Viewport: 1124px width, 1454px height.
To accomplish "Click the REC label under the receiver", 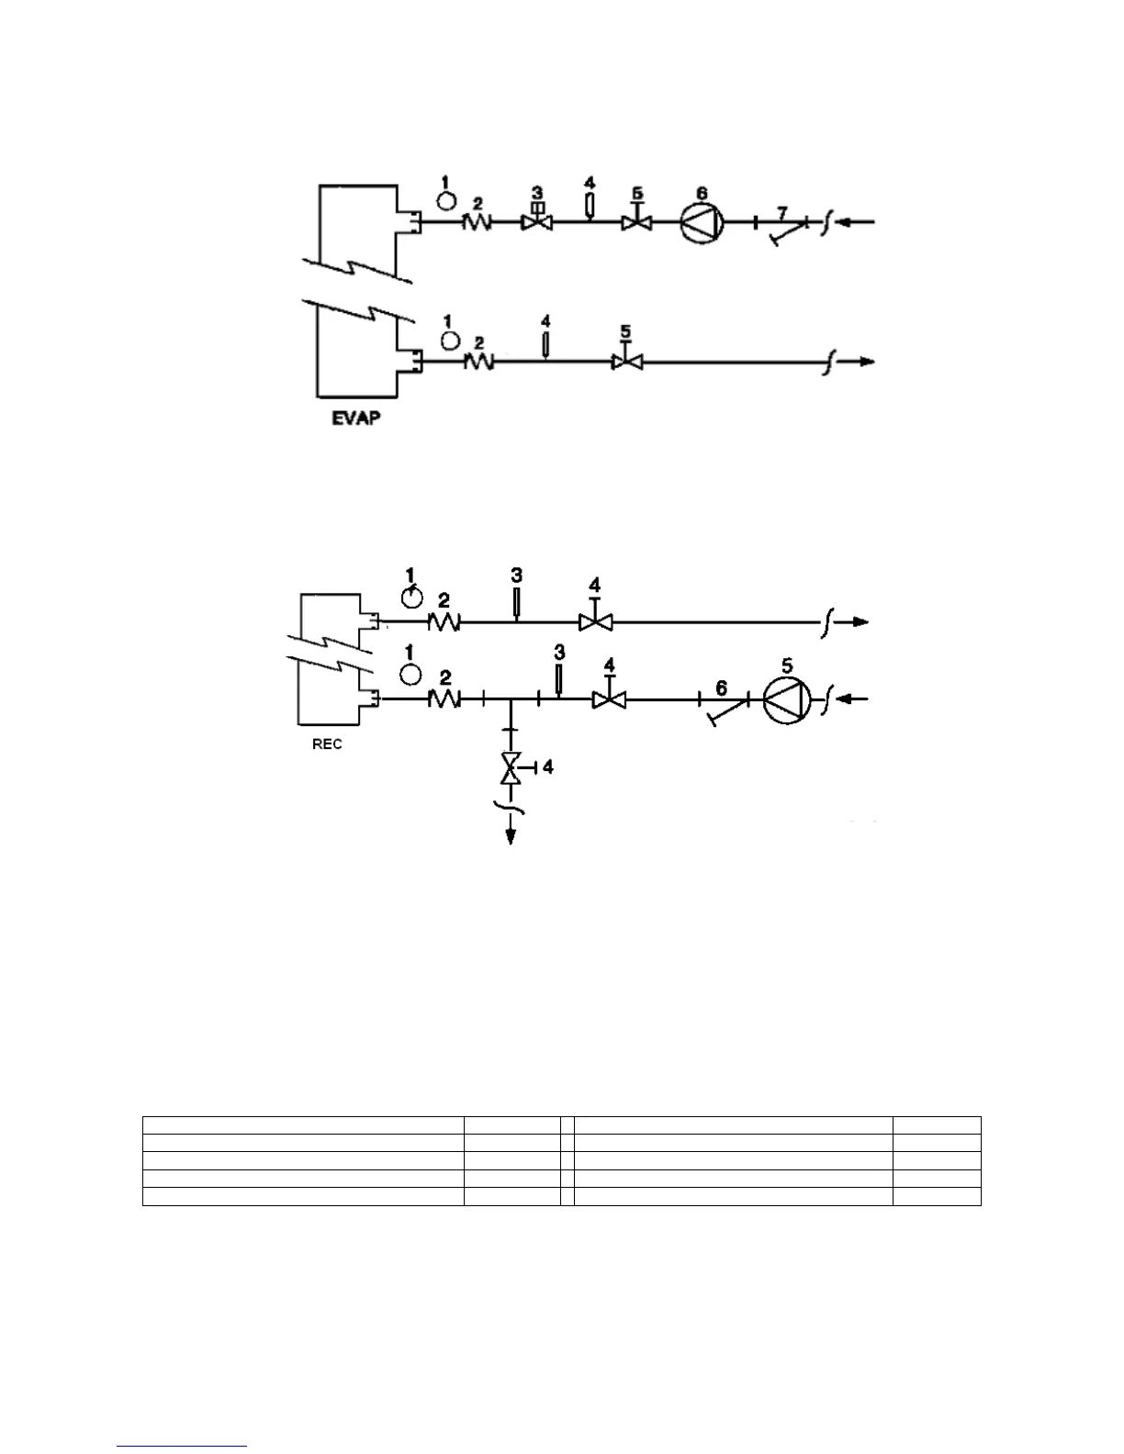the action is [327, 744].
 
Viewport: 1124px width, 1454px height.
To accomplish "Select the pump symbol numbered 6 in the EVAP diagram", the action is [702, 222].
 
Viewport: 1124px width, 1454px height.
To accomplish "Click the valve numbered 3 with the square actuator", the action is [537, 221].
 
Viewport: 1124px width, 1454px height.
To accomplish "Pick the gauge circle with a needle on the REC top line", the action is [412, 598].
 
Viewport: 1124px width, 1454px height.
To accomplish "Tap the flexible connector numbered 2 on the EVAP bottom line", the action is [478, 363].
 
